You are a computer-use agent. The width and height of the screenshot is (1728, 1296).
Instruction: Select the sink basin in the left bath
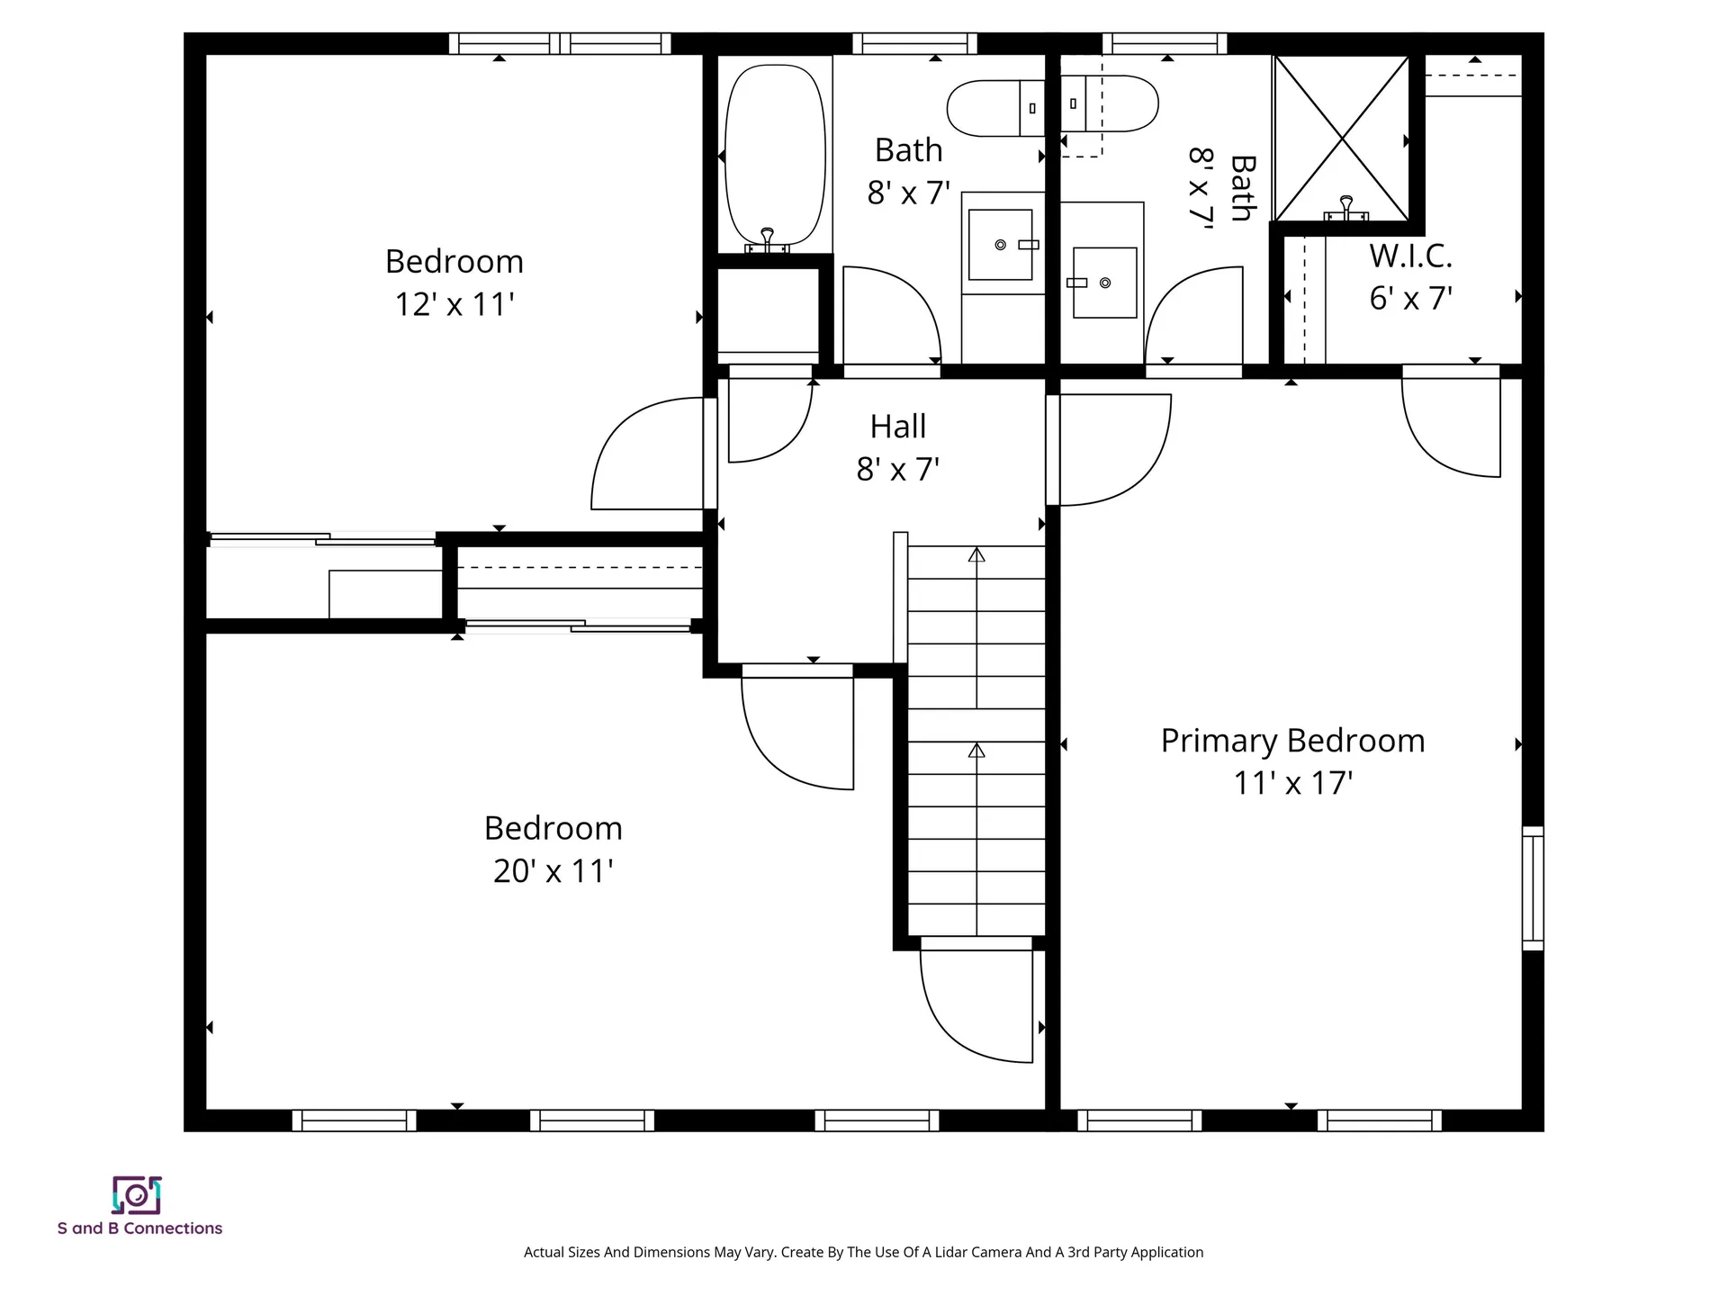[1000, 245]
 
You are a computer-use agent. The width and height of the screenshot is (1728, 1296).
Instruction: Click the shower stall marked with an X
[1342, 138]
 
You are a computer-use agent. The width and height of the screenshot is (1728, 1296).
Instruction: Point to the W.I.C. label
[1410, 256]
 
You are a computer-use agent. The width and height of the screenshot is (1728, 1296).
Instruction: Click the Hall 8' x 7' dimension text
[897, 469]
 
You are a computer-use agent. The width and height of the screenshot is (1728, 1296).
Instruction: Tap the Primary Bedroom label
[1292, 741]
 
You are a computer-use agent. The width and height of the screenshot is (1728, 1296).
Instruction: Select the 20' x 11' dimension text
[553, 871]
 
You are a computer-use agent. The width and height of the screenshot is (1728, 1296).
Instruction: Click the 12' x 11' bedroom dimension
[454, 304]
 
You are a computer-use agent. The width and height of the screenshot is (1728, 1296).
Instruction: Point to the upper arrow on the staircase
[976, 555]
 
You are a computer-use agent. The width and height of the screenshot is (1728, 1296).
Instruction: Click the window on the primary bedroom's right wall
[1532, 888]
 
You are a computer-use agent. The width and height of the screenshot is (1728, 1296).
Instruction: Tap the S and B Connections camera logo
[137, 1195]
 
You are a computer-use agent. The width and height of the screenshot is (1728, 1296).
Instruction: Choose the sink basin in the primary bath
[1105, 283]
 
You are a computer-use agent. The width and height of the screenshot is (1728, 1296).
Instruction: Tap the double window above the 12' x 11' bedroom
[560, 43]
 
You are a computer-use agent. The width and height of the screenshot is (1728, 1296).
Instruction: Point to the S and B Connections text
[139, 1228]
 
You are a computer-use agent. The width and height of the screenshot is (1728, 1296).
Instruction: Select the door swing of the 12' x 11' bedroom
[648, 454]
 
